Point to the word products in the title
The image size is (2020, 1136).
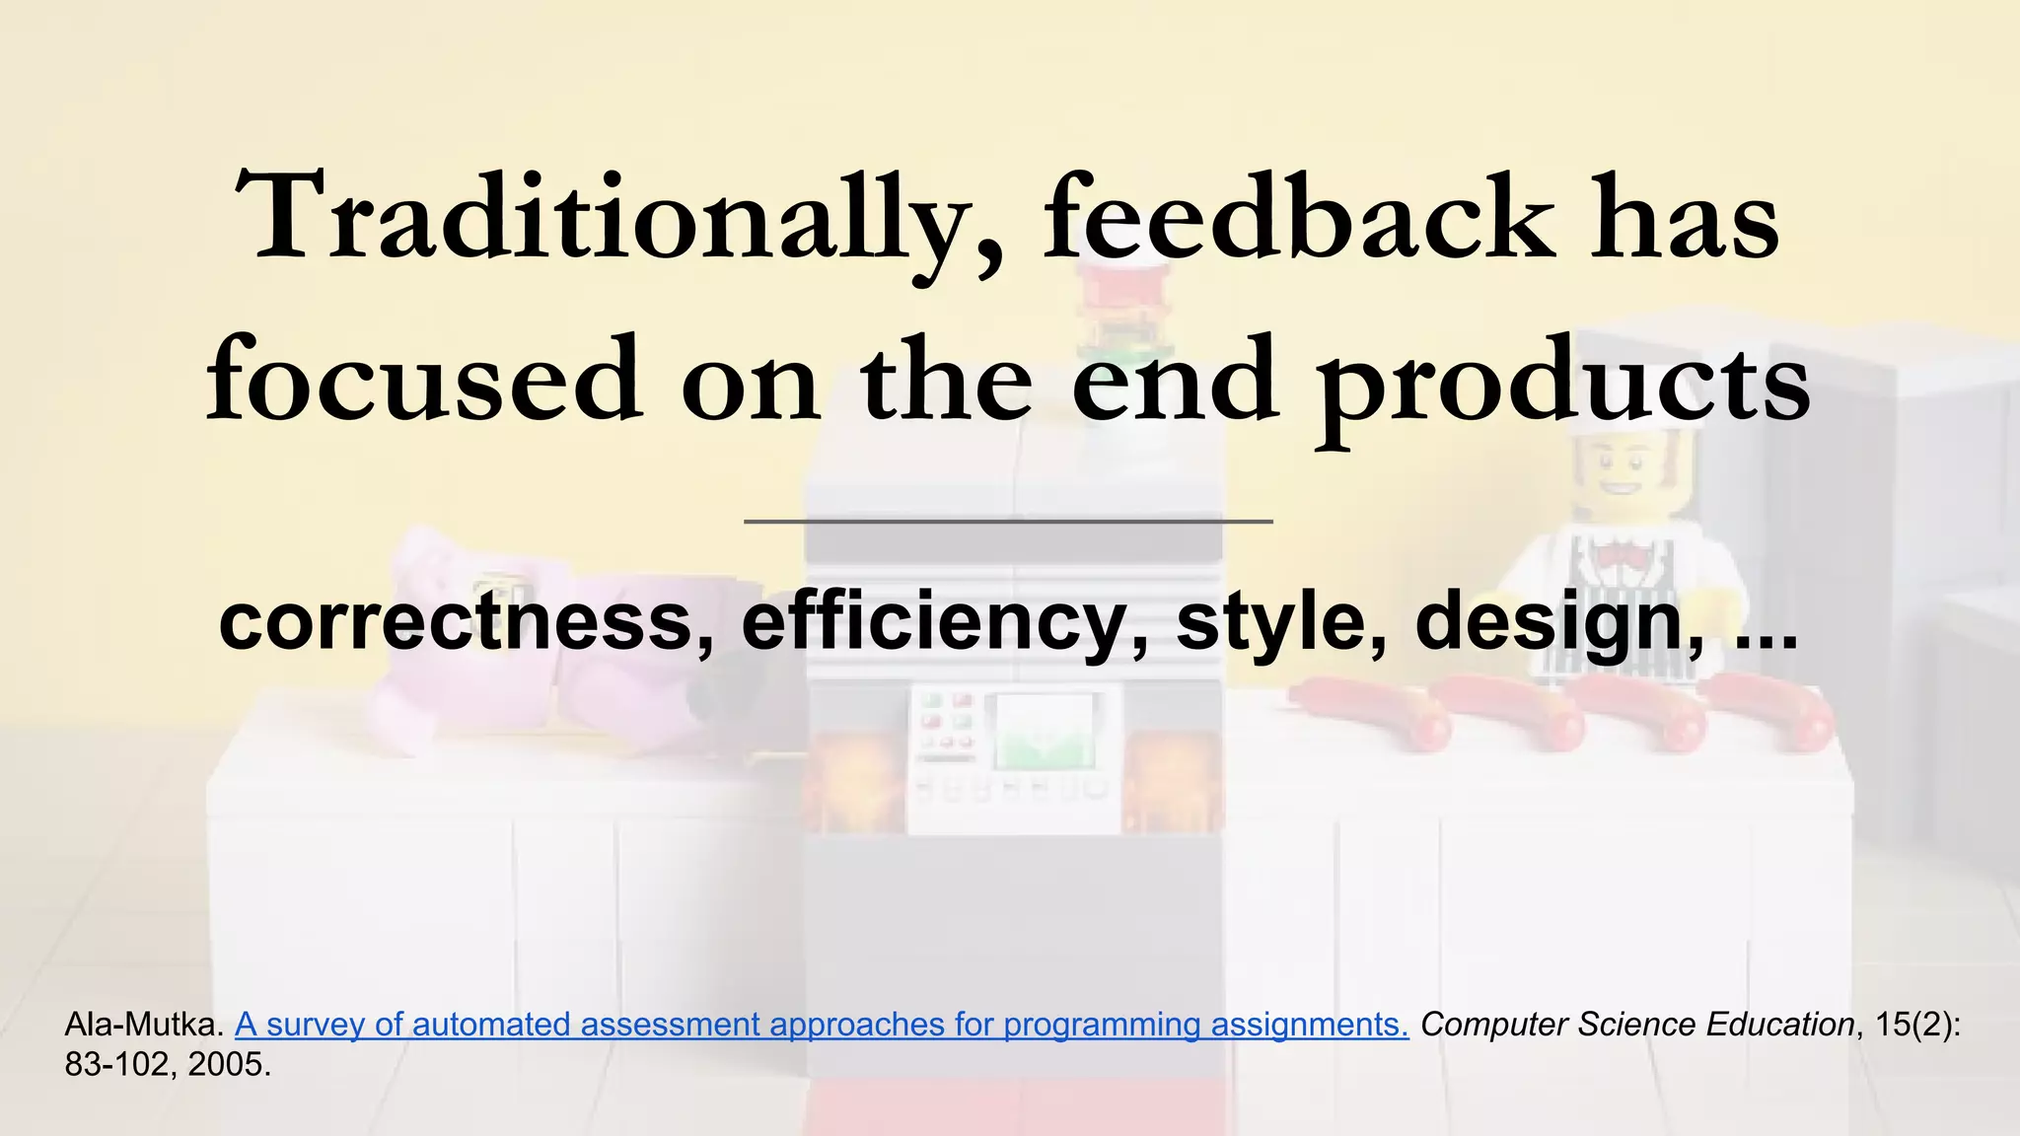click(1563, 385)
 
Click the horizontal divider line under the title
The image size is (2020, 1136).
click(1008, 521)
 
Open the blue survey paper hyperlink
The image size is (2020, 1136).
click(822, 1025)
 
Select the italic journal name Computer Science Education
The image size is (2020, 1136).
click(1637, 1025)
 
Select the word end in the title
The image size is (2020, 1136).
click(1173, 381)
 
